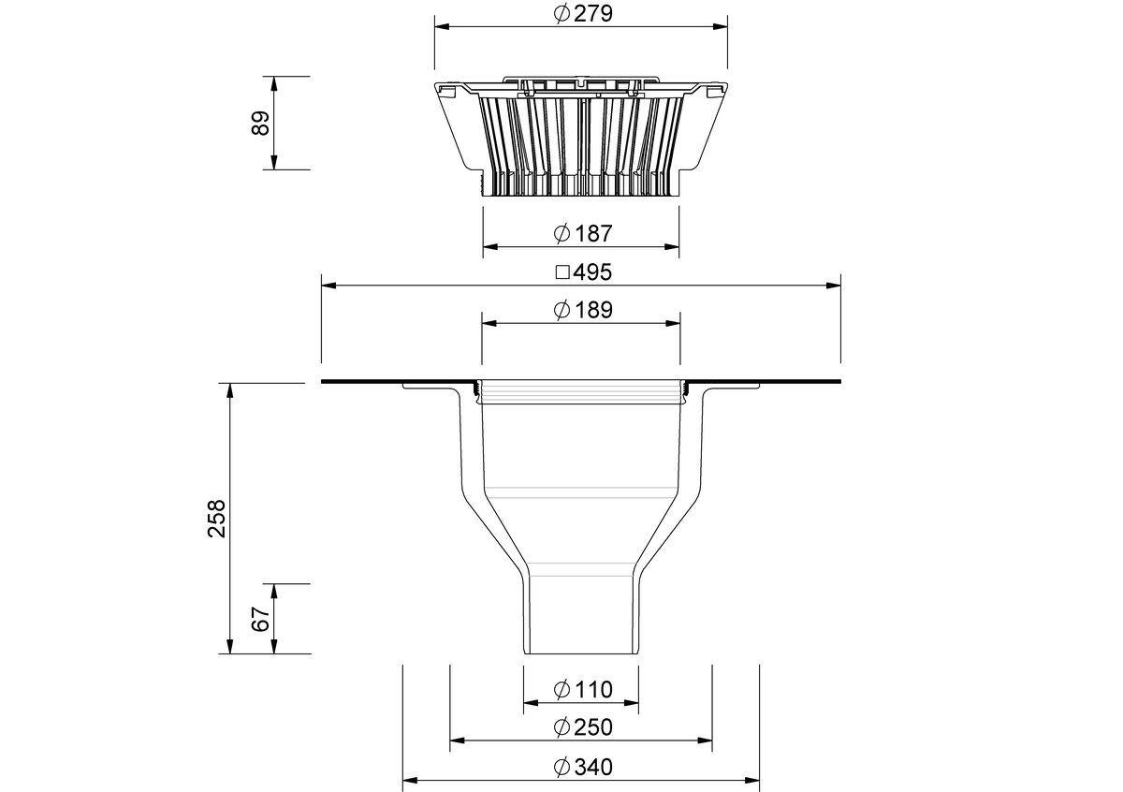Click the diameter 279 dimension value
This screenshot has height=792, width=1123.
pyautogui.click(x=592, y=14)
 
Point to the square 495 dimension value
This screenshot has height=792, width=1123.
pyautogui.click(x=592, y=272)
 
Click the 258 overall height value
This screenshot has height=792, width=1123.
pyautogui.click(x=217, y=518)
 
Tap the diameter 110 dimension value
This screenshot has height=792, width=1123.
pyautogui.click(x=593, y=690)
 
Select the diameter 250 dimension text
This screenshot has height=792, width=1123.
pyautogui.click(x=593, y=727)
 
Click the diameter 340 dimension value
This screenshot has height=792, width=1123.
pyautogui.click(x=593, y=768)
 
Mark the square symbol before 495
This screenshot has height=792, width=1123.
pyautogui.click(x=562, y=273)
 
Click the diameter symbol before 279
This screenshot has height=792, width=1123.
pyautogui.click(x=561, y=14)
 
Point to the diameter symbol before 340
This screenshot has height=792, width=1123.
pyautogui.click(x=561, y=768)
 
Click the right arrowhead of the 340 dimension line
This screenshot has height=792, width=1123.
pyautogui.click(x=752, y=780)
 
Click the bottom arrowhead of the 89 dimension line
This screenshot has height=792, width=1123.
pyautogui.click(x=274, y=163)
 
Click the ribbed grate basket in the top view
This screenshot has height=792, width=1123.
pyautogui.click(x=580, y=140)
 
